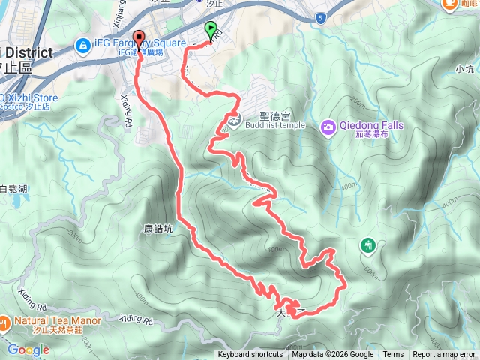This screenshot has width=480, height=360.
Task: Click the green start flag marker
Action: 208,30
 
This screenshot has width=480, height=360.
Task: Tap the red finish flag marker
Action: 138,39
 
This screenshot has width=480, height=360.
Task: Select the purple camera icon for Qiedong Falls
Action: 328,128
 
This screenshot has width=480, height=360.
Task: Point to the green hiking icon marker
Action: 368,244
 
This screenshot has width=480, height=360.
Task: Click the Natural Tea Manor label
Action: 56,320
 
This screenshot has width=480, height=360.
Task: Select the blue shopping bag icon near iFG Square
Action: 82,46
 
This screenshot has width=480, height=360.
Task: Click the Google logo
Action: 28,349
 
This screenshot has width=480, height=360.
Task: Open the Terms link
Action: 393,355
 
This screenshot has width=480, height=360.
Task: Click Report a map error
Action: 444,355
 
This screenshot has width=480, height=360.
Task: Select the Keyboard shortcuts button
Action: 250,355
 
